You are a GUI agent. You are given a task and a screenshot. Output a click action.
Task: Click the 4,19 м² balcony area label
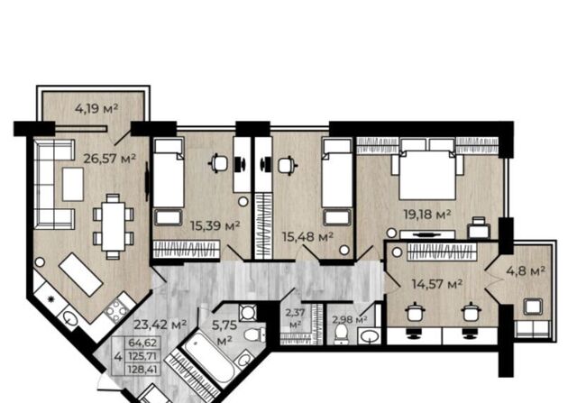coord(96,108)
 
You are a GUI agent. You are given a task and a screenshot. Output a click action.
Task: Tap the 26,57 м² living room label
coord(110,159)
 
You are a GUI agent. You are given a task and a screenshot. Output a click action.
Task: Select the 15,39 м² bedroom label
coord(215,225)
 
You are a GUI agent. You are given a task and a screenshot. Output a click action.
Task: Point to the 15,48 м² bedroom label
coord(307,236)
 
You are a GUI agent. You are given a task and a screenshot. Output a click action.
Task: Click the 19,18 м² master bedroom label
coord(427,215)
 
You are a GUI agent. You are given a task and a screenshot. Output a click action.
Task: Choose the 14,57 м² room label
coord(437,284)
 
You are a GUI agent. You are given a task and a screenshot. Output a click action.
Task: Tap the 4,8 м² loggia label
coord(526,271)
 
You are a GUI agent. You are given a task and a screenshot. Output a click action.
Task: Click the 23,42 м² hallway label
coord(160,325)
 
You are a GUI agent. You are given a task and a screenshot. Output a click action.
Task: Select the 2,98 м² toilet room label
coord(350,319)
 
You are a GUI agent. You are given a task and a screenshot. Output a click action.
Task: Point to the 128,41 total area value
coord(142,369)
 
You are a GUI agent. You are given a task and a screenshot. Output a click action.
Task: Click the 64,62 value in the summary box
coord(142,343)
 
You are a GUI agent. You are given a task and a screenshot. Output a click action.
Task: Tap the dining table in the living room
coord(114,226)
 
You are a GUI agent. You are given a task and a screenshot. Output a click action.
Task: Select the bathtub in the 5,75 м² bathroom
coord(208,357)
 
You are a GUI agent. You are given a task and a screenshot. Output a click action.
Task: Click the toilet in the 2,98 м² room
coord(342,334)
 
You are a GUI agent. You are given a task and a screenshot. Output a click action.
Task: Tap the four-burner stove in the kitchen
coord(116,310)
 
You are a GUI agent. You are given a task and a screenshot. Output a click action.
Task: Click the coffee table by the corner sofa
coord(73,184)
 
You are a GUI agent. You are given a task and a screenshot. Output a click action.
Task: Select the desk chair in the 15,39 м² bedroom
coord(217,163)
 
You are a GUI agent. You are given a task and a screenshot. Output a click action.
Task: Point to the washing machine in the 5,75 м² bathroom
coord(247,313)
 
